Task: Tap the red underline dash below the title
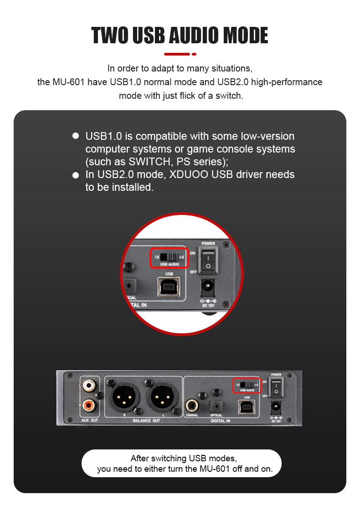pyautogui.click(x=177, y=54)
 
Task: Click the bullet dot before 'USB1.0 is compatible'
pyautogui.click(x=76, y=136)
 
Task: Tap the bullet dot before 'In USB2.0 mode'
pyautogui.click(x=76, y=175)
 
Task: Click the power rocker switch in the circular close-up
pyautogui.click(x=208, y=258)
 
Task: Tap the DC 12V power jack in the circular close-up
pyautogui.click(x=208, y=287)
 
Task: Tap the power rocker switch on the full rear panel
pyautogui.click(x=276, y=388)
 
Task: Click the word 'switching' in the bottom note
pyautogui.click(x=169, y=458)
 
